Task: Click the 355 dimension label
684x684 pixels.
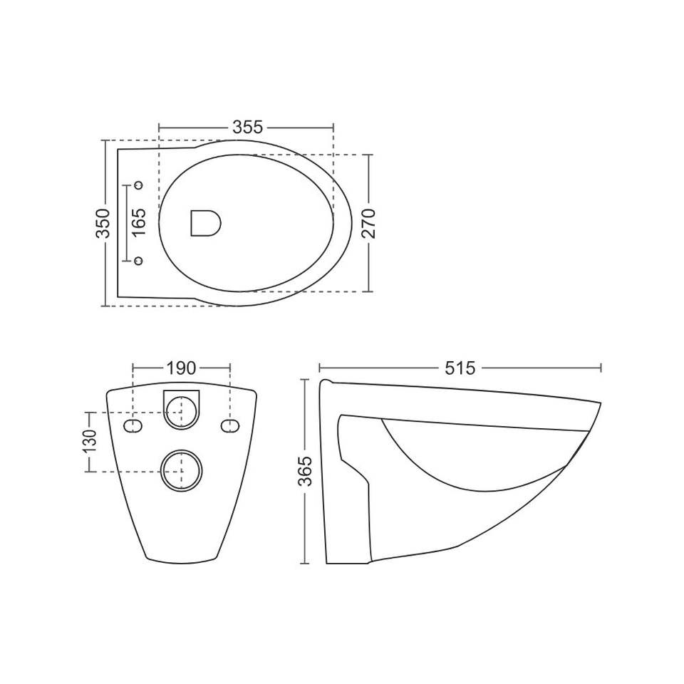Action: [x=248, y=127]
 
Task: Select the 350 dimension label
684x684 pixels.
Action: [x=103, y=223]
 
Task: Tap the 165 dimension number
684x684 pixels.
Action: [x=139, y=223]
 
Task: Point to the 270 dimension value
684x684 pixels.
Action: [x=369, y=223]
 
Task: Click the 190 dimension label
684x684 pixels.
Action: [x=181, y=368]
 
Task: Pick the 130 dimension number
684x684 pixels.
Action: [x=90, y=442]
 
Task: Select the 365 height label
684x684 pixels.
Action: [x=306, y=471]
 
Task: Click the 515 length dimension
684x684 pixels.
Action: [x=460, y=368]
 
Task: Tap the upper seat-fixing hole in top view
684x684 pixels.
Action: [x=139, y=185]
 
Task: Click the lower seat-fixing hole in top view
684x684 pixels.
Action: [x=139, y=261]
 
